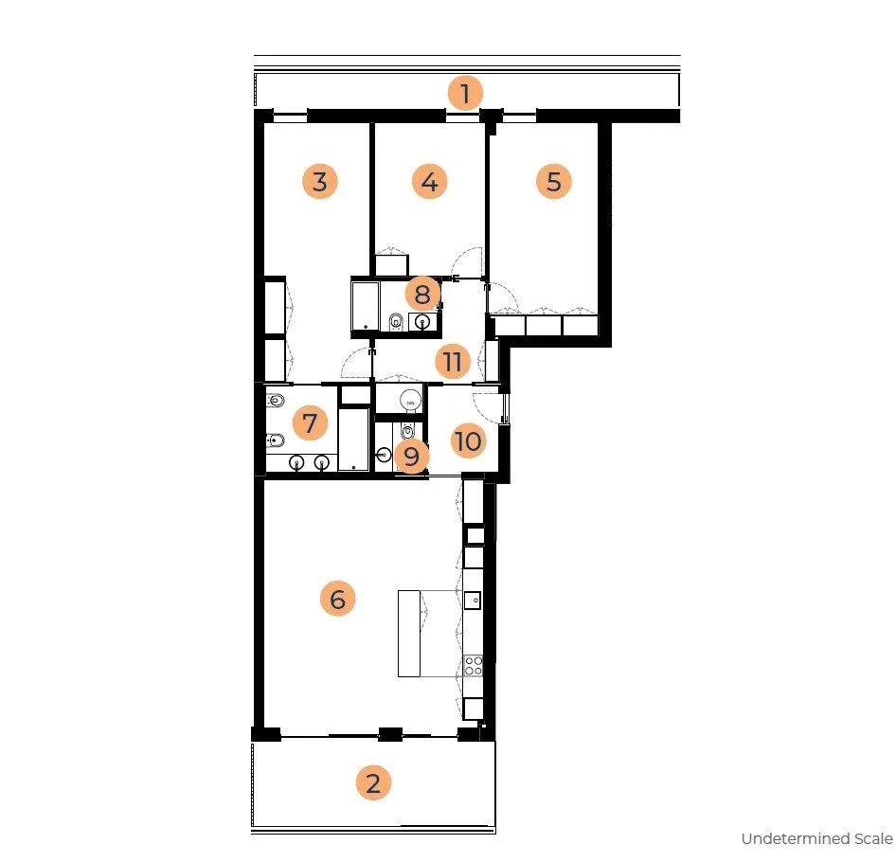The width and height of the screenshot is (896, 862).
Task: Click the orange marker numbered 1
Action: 465,93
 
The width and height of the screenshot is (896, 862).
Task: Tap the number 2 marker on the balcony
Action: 373,782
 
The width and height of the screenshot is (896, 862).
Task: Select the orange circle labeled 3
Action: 320,181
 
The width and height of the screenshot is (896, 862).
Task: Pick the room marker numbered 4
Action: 429,181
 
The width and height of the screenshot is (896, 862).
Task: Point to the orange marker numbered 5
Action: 554,181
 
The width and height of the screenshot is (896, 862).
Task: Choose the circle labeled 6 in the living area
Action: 338,599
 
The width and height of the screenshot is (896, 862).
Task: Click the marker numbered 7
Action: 310,423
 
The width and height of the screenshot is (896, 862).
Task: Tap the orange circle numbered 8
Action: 422,295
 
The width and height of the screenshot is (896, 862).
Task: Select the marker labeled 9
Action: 411,456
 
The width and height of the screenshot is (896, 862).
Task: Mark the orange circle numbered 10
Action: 468,440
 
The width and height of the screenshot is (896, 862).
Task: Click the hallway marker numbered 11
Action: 452,361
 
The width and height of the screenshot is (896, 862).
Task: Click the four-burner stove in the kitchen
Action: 474,665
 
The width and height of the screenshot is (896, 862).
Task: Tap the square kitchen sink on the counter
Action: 473,601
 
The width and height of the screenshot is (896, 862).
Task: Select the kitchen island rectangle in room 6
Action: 408,634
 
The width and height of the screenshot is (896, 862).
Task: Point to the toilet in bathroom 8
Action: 396,322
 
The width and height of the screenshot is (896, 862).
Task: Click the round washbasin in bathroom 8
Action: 422,321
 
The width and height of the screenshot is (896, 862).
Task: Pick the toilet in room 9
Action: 407,429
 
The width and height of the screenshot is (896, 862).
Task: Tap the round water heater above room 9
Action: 410,400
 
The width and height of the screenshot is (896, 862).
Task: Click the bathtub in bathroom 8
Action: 366,306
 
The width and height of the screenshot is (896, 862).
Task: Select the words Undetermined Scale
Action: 817,838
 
